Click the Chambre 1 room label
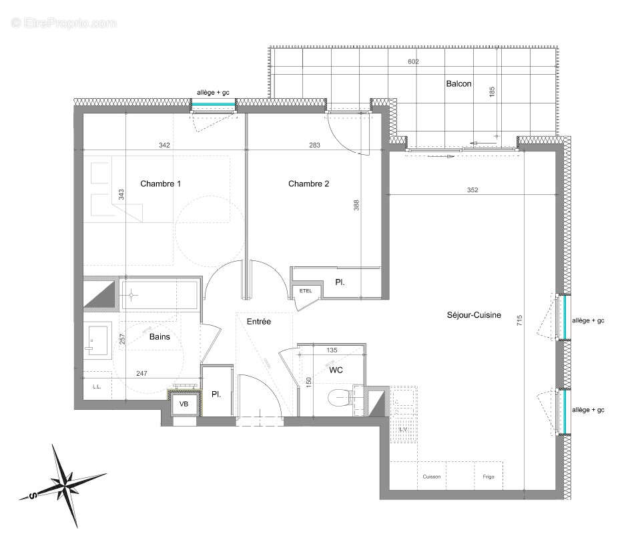coord(160,184)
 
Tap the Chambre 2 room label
coord(308,184)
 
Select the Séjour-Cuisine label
coord(474,315)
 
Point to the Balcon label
coord(458,84)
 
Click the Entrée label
coord(259,322)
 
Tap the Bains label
coord(160,337)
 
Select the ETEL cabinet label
coord(306,290)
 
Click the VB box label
coord(184,404)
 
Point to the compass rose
coord(66,479)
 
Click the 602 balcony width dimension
coord(413,62)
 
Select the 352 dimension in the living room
coord(472,190)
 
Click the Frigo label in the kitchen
coord(489,477)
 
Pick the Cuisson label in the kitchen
coord(431,477)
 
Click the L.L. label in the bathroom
coord(96,386)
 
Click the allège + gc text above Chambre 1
coord(213,92)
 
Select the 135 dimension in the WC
coord(331,350)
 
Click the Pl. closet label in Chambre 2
coord(340,283)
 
